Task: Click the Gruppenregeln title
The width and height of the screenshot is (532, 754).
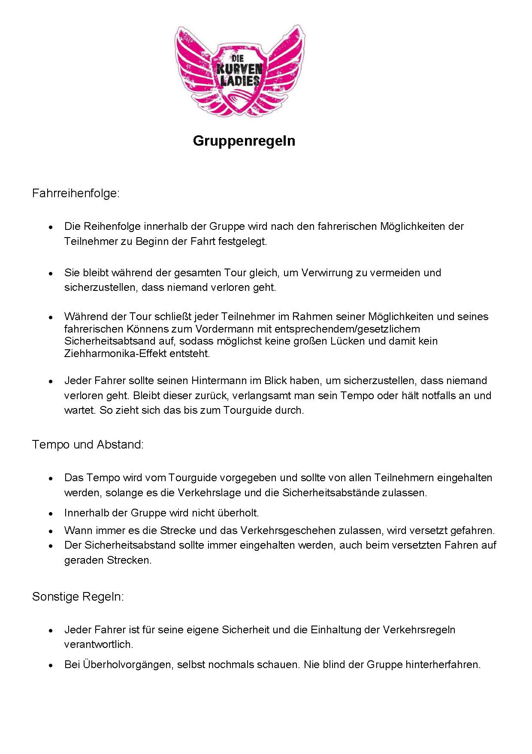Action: [x=244, y=141]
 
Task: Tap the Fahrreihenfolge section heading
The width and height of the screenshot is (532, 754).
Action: [x=76, y=193]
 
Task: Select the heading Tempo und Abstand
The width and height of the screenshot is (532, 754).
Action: [x=88, y=444]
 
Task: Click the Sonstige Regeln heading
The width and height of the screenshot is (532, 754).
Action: [x=78, y=597]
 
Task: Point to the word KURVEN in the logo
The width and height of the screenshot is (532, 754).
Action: [x=239, y=69]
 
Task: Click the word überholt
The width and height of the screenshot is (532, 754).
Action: [x=239, y=513]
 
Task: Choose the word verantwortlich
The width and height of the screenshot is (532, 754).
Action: [x=98, y=644]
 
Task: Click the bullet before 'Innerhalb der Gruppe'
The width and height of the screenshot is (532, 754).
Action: [x=51, y=513]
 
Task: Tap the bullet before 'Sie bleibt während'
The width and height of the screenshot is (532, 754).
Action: [x=51, y=273]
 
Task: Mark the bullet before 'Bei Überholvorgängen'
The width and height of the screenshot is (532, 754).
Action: [x=51, y=665]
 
